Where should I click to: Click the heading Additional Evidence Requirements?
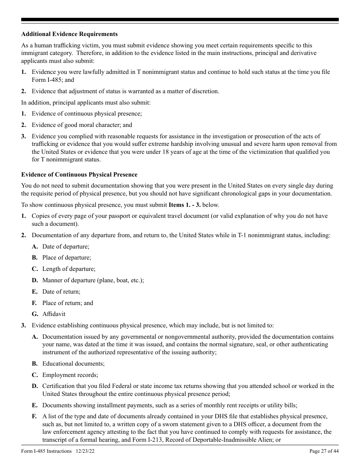[69, 34]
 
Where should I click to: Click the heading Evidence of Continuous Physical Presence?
[79, 175]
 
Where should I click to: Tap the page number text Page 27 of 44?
[324, 451]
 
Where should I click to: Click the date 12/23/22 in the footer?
[85, 451]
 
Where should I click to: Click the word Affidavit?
[54, 314]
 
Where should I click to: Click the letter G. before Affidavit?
[35, 314]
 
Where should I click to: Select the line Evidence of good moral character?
[82, 125]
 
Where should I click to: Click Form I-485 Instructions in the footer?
[46, 451]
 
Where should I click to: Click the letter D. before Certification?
[35, 386]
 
